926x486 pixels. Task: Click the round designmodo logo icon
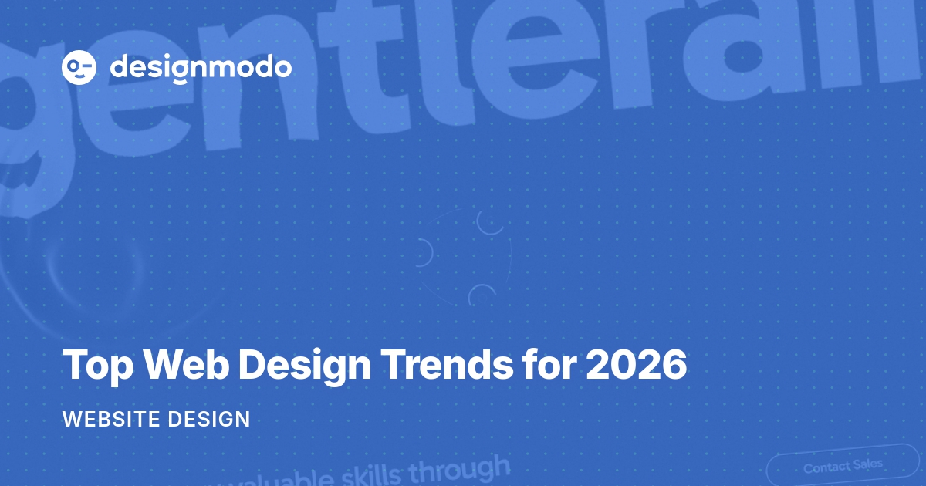click(79, 68)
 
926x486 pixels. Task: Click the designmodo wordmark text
click(201, 68)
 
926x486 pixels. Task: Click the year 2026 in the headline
click(636, 364)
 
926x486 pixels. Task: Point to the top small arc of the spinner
click(490, 222)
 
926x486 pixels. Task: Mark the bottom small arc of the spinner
click(482, 295)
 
